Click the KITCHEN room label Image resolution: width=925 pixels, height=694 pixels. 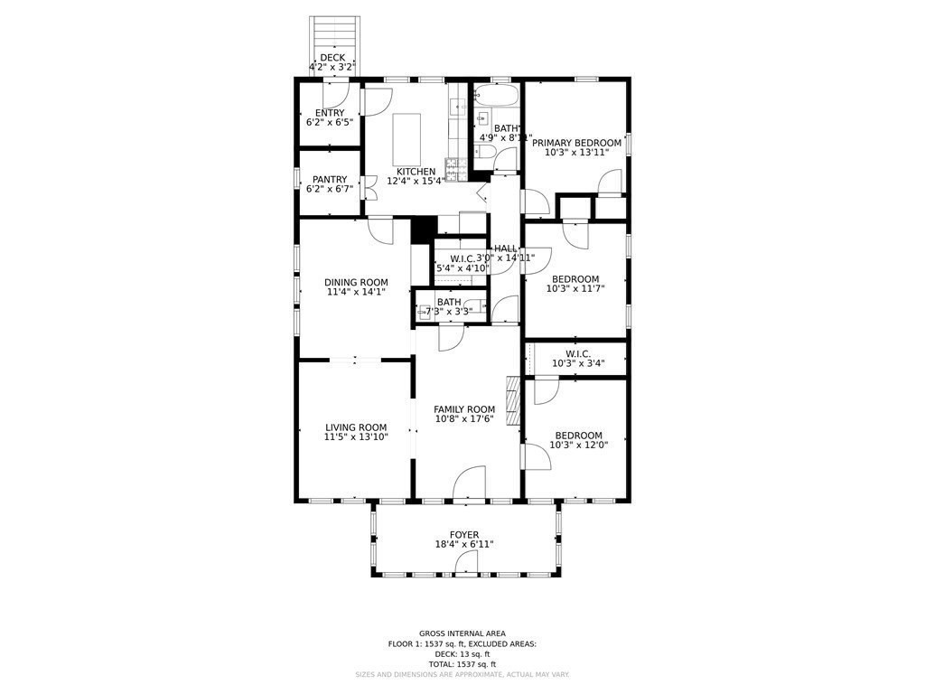click(416, 172)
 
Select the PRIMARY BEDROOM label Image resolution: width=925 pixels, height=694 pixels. click(576, 143)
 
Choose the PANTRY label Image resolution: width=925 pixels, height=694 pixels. click(330, 180)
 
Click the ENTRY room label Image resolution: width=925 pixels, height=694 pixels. click(330, 113)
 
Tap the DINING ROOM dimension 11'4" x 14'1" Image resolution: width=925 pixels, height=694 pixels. click(356, 292)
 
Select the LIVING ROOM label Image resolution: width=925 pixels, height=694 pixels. click(356, 428)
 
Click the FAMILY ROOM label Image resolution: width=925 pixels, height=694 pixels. click(464, 409)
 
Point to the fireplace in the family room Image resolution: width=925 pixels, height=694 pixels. click(514, 400)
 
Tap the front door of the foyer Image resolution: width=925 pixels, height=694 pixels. click(465, 565)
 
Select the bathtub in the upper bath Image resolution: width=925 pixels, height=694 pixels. click(496, 97)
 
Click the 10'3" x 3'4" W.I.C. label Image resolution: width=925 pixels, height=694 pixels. click(578, 363)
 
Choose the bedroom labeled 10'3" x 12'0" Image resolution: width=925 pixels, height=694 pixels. click(578, 440)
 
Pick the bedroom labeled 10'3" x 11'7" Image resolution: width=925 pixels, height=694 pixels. click(575, 284)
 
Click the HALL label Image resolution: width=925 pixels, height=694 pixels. click(506, 249)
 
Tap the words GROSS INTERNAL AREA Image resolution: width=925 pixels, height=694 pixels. click(462, 633)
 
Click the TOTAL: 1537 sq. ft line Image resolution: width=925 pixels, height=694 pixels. click(462, 664)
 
